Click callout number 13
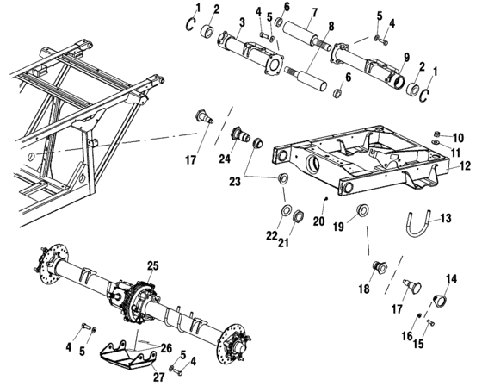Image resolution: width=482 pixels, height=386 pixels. coord(445,218)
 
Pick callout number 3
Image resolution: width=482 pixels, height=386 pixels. coord(218,22)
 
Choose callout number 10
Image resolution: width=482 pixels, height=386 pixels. coord(457,137)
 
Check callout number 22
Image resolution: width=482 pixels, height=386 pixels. coord(275,235)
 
